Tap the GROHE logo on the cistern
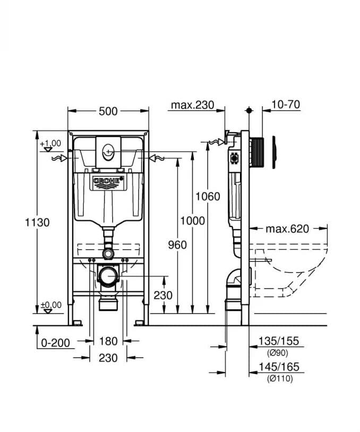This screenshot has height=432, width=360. click(x=108, y=182)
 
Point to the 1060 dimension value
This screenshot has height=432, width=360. click(x=208, y=196)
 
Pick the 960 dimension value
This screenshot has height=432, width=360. click(x=177, y=244)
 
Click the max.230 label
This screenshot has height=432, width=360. click(x=192, y=105)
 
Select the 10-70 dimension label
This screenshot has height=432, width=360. click(x=285, y=105)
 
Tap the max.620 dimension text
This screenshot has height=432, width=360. click(x=287, y=229)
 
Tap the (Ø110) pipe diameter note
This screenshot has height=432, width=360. click(x=279, y=378)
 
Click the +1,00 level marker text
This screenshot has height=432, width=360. click(x=50, y=143)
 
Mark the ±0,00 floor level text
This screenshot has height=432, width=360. click(x=50, y=304)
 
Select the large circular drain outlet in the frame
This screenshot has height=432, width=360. click(x=108, y=276)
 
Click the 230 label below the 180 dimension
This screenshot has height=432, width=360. click(x=108, y=358)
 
